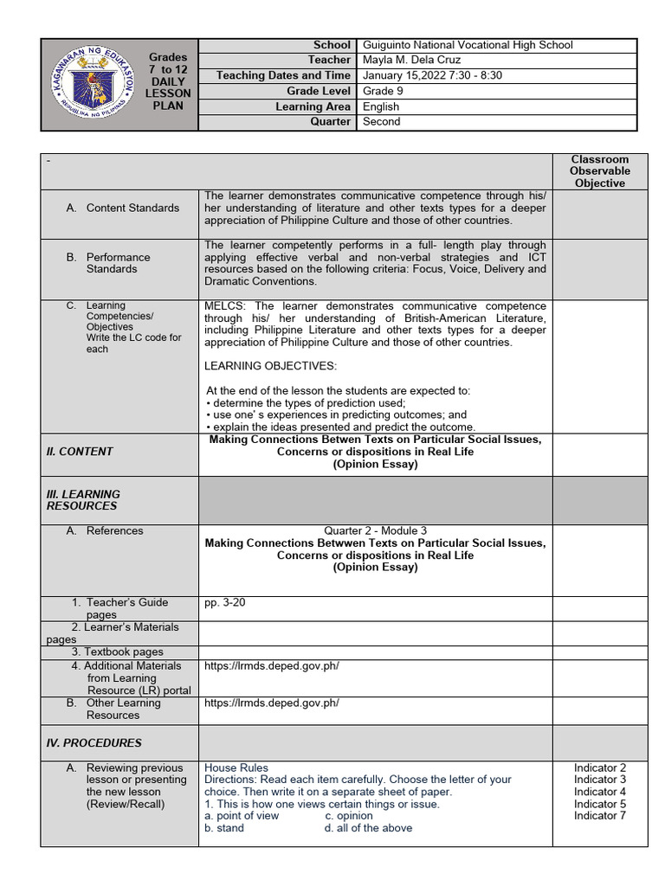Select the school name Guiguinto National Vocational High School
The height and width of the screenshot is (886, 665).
coord(468,45)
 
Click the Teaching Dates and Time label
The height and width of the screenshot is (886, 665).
coord(283,76)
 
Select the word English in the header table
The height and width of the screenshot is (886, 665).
coord(381,107)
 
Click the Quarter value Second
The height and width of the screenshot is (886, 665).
coord(382,122)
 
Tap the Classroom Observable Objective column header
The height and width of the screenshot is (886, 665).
coord(599,171)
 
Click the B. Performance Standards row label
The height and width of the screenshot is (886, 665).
coord(118,263)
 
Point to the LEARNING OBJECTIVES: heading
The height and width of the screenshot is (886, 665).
coord(270,367)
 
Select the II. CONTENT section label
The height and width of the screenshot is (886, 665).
coord(80,452)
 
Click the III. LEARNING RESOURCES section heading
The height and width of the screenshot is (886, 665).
coord(83,500)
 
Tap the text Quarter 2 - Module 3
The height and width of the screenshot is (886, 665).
coord(375,531)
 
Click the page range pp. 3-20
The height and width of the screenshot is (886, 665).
coord(225,603)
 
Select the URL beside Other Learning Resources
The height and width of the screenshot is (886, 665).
coord(272,703)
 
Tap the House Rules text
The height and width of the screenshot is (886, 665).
coord(236,768)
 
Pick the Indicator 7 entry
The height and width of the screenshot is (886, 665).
coord(599,816)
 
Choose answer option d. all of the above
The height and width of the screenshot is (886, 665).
coord(368,828)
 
